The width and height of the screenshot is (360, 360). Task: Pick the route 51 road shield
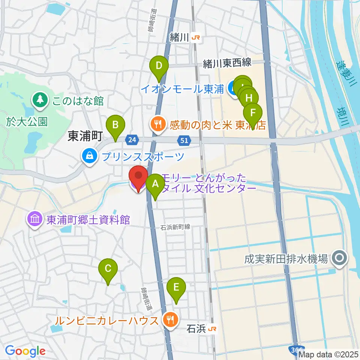(183, 140)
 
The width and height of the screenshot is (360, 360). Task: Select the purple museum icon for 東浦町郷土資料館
(34, 219)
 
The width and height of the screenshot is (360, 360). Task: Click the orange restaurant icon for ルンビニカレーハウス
(170, 319)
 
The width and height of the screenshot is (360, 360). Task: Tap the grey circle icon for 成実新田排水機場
(340, 258)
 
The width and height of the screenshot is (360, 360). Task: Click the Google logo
(25, 351)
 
